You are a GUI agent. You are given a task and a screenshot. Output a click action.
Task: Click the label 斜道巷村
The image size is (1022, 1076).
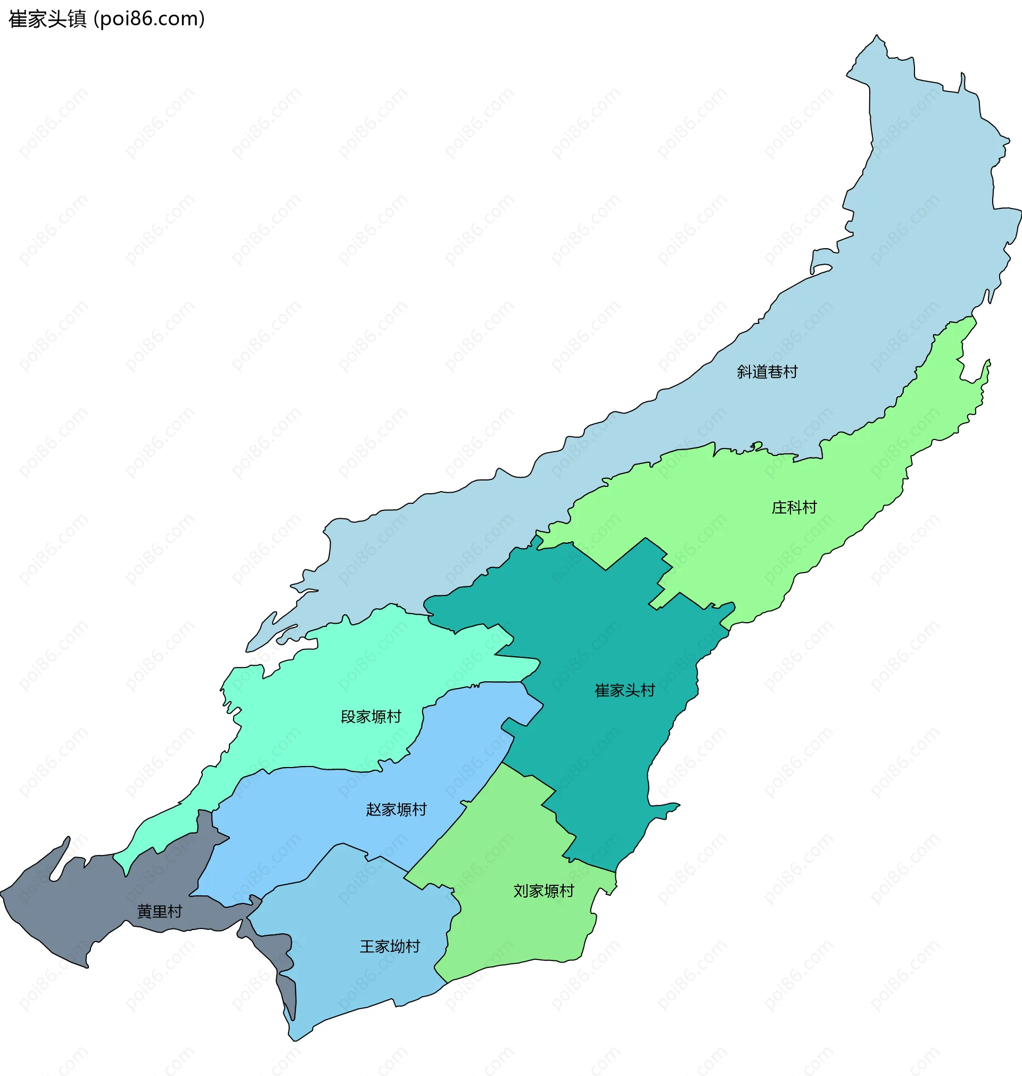(767, 372)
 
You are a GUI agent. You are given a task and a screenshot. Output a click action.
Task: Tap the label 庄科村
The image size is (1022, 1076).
(794, 508)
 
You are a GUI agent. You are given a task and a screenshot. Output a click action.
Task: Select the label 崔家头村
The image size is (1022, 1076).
(625, 691)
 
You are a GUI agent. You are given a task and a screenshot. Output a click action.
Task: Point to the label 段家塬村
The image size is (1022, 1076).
(371, 717)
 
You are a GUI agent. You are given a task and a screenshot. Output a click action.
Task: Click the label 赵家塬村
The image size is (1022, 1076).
(396, 810)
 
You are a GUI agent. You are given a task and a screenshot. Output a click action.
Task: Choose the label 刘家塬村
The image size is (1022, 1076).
(543, 891)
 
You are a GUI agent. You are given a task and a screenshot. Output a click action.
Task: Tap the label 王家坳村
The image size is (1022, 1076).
(390, 946)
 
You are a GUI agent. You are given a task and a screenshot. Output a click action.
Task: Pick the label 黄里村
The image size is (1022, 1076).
(159, 911)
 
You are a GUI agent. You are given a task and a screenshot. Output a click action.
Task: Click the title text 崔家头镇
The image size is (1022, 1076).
(48, 19)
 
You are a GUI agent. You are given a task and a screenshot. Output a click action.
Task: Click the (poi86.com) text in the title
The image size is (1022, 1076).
(150, 19)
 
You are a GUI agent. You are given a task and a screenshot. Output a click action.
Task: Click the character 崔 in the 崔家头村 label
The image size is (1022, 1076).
(602, 691)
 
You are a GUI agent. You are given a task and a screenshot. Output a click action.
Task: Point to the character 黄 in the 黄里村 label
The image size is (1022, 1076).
(144, 911)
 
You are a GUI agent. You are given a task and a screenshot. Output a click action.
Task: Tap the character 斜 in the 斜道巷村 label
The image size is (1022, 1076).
(745, 372)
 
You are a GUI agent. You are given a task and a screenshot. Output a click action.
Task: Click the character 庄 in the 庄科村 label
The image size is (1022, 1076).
(780, 508)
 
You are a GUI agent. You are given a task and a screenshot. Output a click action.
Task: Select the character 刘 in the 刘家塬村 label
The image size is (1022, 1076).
(521, 891)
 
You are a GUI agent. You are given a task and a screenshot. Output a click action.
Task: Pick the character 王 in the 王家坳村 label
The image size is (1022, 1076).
(368, 946)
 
